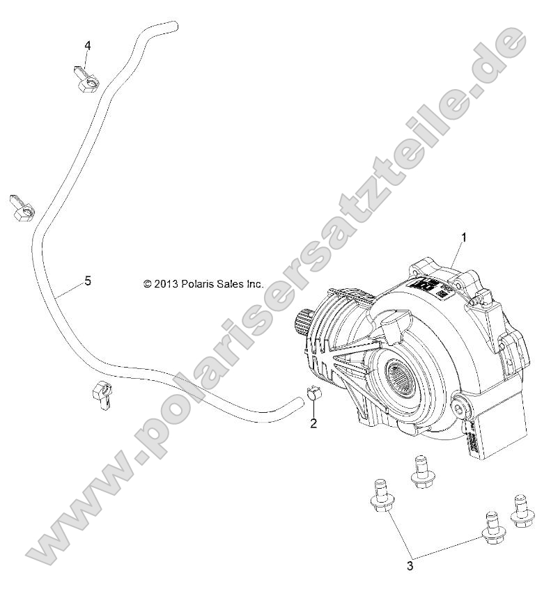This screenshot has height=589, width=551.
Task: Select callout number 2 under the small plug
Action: coord(313,423)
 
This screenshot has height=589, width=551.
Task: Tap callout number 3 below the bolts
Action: coord(410,566)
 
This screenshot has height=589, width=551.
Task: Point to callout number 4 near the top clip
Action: coord(87,45)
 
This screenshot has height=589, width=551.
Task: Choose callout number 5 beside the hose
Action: coord(87,281)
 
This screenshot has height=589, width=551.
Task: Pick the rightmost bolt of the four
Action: coord(519,512)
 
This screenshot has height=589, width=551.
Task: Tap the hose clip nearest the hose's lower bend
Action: coord(102,394)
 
